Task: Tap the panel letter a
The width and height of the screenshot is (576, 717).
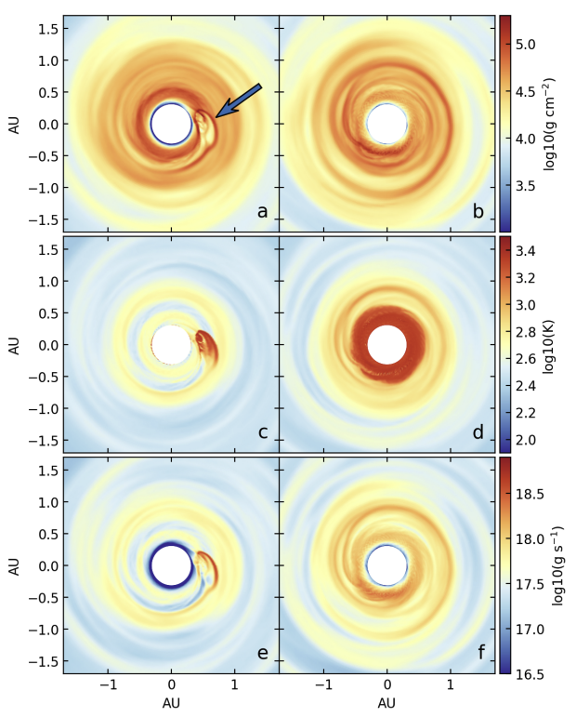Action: point(262,211)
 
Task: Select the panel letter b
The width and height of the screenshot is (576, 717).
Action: point(478,211)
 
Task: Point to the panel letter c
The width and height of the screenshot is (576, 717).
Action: point(262,432)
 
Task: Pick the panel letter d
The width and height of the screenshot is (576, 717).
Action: point(478,432)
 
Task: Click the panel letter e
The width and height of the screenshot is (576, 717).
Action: point(262,653)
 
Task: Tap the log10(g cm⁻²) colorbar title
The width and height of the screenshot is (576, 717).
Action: point(561,123)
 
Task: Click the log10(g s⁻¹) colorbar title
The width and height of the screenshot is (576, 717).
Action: point(561,564)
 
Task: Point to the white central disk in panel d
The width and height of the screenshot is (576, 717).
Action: point(386,344)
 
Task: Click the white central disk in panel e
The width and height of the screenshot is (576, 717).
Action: point(171,565)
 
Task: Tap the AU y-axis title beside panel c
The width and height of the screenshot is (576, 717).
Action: point(14,344)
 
